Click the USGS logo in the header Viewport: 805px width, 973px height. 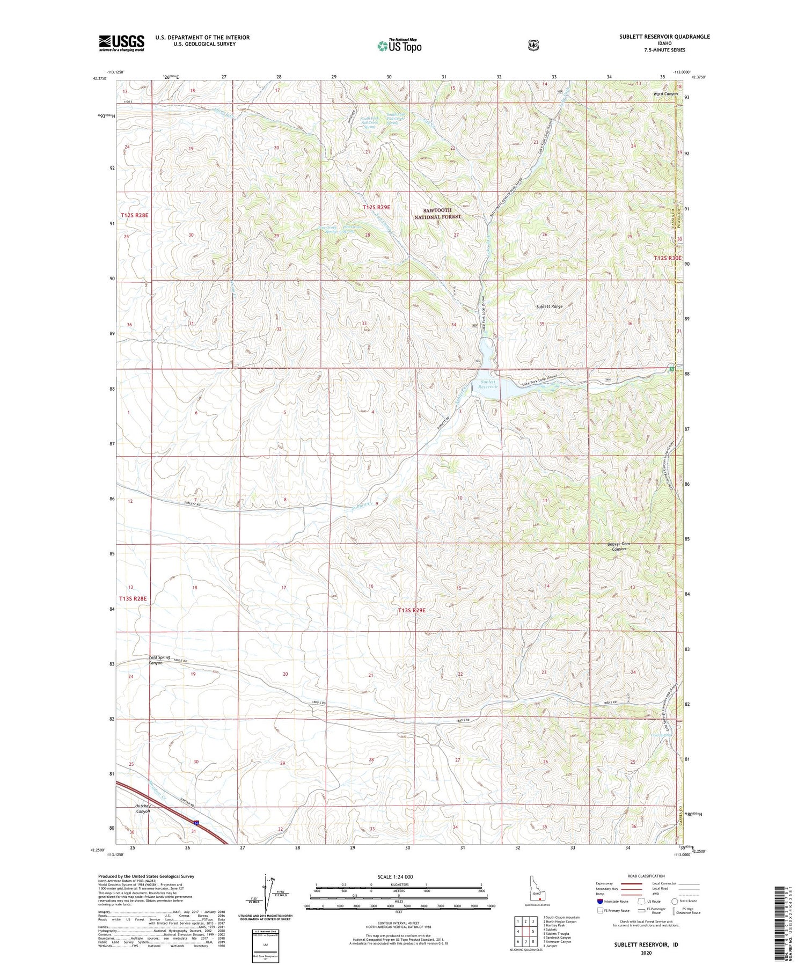click(x=121, y=43)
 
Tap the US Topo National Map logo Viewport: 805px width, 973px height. click(x=399, y=45)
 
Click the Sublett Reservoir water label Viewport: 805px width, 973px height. click(x=488, y=384)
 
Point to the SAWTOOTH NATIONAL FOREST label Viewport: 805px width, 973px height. click(x=437, y=214)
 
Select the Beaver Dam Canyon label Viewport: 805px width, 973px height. click(x=618, y=546)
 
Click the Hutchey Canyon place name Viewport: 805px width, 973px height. click(x=142, y=809)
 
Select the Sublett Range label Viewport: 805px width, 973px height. click(x=549, y=306)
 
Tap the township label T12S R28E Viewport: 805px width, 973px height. click(x=134, y=215)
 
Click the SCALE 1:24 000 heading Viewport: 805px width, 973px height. click(x=395, y=877)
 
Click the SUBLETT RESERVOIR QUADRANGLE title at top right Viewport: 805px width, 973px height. click(x=664, y=36)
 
